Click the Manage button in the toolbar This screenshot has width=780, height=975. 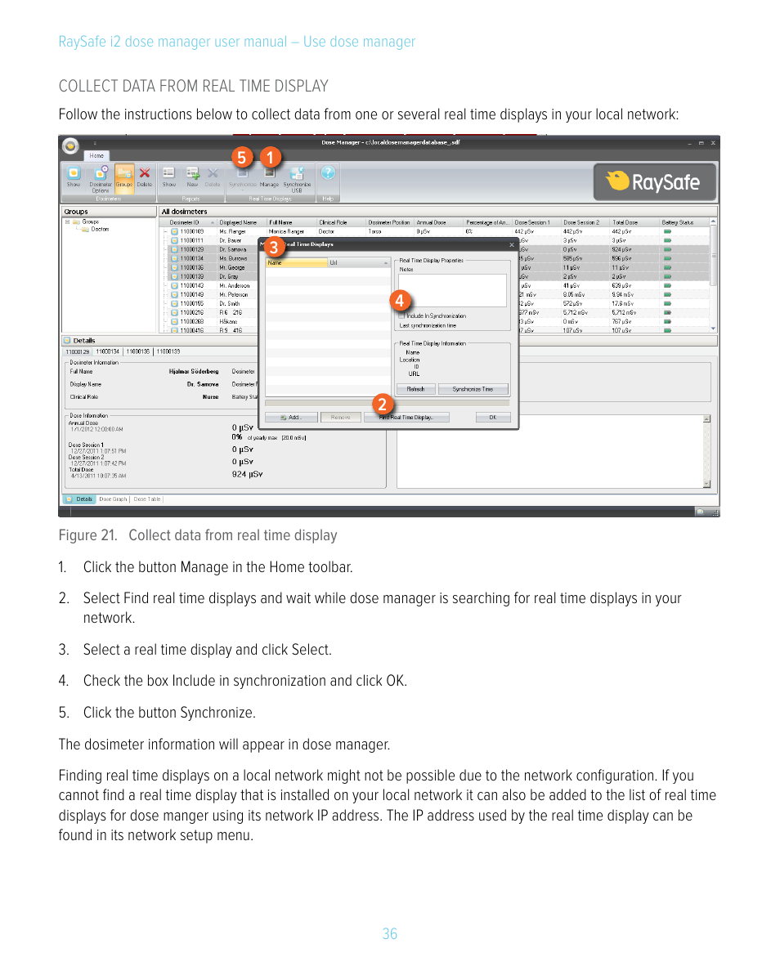pyautogui.click(x=269, y=175)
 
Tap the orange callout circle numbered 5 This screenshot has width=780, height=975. pyautogui.click(x=242, y=155)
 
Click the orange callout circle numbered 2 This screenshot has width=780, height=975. pyautogui.click(x=381, y=404)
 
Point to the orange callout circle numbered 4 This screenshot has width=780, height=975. pyautogui.click(x=399, y=301)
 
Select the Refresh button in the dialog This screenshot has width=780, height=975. pyautogui.click(x=415, y=389)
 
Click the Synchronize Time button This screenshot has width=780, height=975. pyautogui.click(x=473, y=389)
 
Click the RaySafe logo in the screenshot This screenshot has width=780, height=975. pyautogui.click(x=655, y=181)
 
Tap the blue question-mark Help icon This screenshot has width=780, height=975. pyautogui.click(x=328, y=172)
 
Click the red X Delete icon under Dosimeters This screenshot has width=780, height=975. pyautogui.click(x=145, y=173)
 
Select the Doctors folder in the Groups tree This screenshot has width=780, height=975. pyautogui.click(x=98, y=230)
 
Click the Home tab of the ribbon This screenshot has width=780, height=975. pyautogui.click(x=96, y=155)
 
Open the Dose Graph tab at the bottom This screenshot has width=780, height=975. pyautogui.click(x=114, y=499)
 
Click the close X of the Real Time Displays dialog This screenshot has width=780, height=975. pyautogui.click(x=512, y=244)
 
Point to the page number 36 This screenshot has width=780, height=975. pyautogui.click(x=390, y=934)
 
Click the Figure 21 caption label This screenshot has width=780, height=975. pyautogui.click(x=197, y=535)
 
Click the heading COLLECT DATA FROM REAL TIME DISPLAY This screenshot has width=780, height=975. pyautogui.click(x=194, y=86)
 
